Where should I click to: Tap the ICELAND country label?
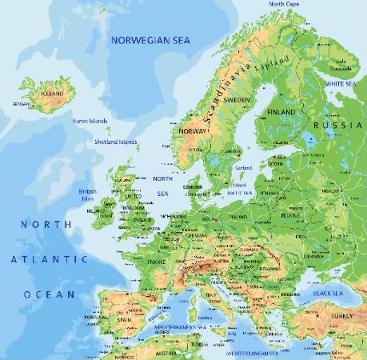click(x=51, y=93)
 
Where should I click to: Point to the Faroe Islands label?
click(x=89, y=120)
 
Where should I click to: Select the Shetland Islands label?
click(x=115, y=142)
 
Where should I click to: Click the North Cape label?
click(x=284, y=4)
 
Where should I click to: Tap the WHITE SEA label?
click(x=341, y=83)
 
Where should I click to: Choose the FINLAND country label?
click(x=281, y=112)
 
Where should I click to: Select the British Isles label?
click(x=88, y=195)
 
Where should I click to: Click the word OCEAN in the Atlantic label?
click(x=49, y=294)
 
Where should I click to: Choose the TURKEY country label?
click(x=344, y=315)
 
